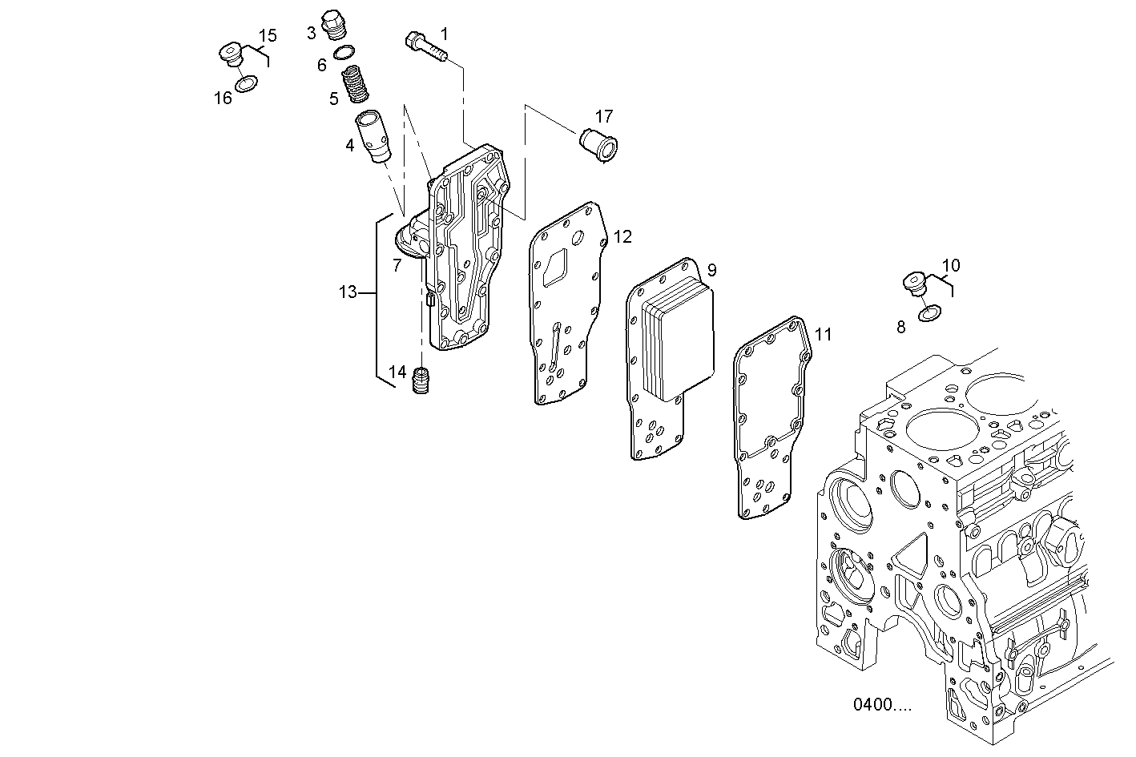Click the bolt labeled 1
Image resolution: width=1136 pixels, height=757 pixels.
(x=425, y=45)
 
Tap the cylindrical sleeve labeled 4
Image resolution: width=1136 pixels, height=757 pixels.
(x=374, y=138)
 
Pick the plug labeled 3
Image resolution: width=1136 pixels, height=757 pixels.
(x=332, y=25)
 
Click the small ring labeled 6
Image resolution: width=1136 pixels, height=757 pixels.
(x=344, y=53)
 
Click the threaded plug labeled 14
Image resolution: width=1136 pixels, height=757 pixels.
(x=421, y=380)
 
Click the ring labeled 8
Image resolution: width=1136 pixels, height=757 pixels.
(x=929, y=312)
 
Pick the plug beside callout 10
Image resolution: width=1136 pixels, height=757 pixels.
(x=913, y=284)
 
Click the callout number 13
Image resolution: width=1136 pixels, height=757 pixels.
(x=347, y=292)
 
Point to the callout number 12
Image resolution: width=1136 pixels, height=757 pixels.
(x=622, y=236)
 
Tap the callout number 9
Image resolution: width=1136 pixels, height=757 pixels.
(x=711, y=269)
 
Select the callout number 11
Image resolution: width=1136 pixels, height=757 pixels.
(x=823, y=334)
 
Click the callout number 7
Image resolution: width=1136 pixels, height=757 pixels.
(x=397, y=265)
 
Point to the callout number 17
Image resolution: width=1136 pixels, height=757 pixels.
(x=603, y=115)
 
